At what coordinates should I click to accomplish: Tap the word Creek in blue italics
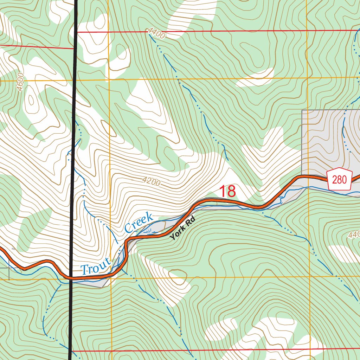(x=139, y=223)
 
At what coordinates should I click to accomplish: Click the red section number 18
(x=227, y=192)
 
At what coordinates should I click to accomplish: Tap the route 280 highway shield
(x=339, y=180)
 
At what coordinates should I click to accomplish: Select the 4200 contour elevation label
(x=152, y=182)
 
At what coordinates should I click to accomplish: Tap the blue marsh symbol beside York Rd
(x=150, y=231)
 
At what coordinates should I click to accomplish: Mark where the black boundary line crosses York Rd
(x=71, y=278)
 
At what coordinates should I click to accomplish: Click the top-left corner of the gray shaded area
(x=302, y=110)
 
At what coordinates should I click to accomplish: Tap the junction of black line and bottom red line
(x=71, y=351)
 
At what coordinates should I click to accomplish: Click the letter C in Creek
(x=128, y=228)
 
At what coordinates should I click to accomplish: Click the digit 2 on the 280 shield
(x=335, y=180)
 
